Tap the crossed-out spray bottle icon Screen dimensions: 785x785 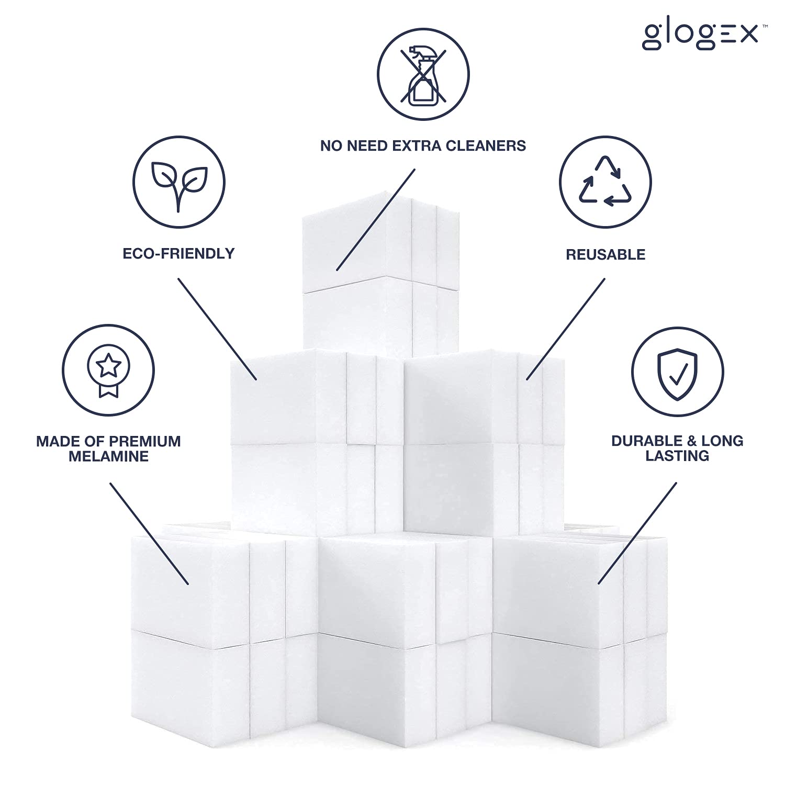pyautogui.click(x=423, y=74)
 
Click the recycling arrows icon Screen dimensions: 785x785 pyautogui.click(x=605, y=181)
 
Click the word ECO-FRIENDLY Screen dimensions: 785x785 pyautogui.click(x=178, y=254)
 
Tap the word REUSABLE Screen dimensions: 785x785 pyautogui.click(x=605, y=255)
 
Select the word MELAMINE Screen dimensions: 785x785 pyautogui.click(x=109, y=456)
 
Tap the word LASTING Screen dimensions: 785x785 pyautogui.click(x=677, y=456)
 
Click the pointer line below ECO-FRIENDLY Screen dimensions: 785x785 pyautogui.click(x=217, y=329)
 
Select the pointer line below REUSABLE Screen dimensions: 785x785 pyautogui.click(x=566, y=329)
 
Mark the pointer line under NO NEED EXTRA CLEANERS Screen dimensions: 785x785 pyautogui.click(x=376, y=220)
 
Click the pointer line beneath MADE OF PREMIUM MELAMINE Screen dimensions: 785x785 pyautogui.click(x=149, y=533)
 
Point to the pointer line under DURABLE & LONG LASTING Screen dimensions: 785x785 pyautogui.click(x=637, y=533)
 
